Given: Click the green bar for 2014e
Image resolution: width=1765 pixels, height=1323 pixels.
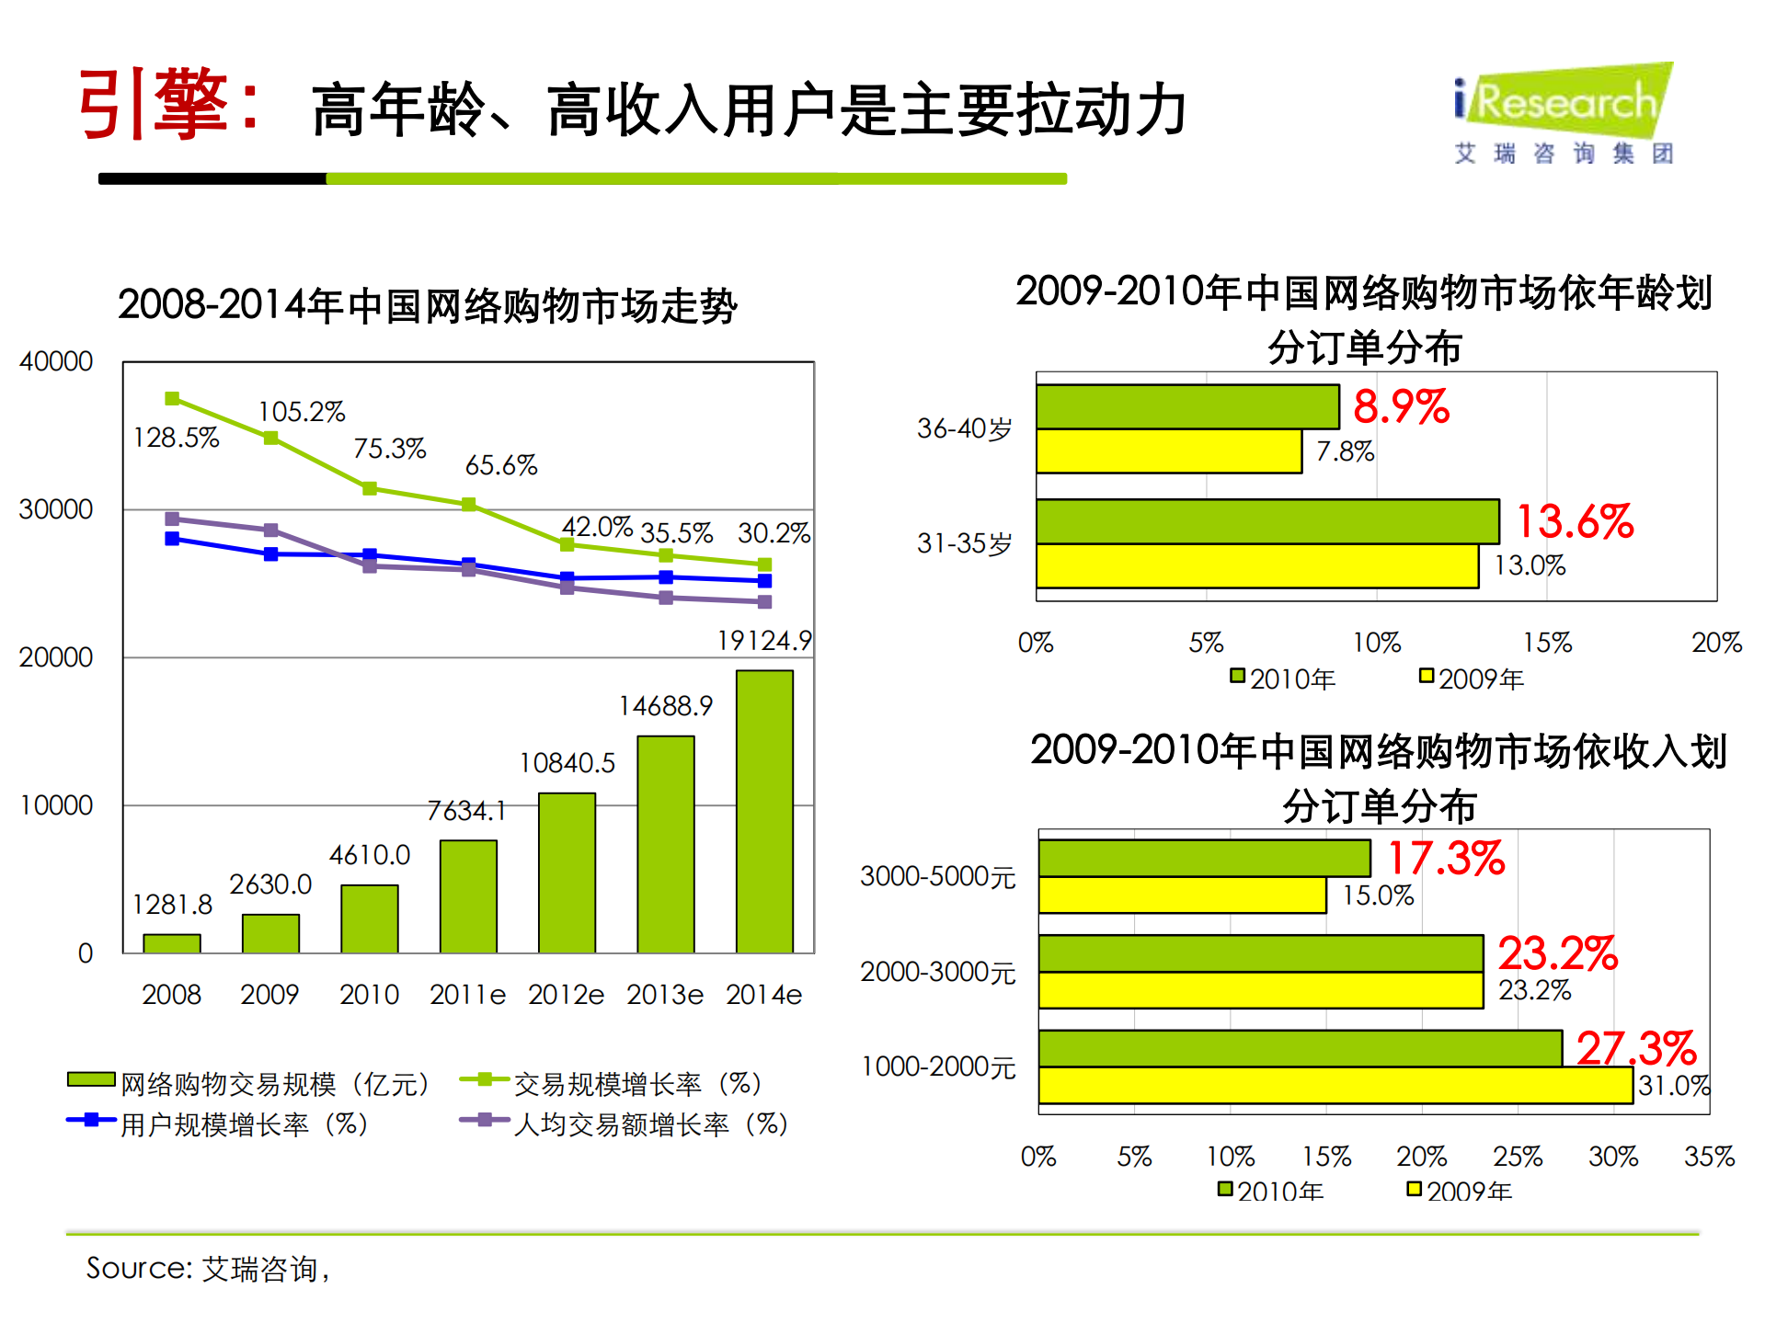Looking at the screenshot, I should (x=763, y=811).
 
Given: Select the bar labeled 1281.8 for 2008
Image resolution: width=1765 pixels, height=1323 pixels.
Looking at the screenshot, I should (x=172, y=942).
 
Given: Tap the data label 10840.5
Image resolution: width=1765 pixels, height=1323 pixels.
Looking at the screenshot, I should (x=567, y=763).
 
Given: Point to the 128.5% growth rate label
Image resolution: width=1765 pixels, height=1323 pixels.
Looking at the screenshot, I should (x=176, y=438).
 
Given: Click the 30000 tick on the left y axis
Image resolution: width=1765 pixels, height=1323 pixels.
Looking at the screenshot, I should (x=56, y=509).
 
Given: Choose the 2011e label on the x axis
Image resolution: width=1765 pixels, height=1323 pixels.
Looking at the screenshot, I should (x=467, y=995).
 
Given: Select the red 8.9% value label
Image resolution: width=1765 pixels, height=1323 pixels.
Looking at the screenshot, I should (x=1400, y=406).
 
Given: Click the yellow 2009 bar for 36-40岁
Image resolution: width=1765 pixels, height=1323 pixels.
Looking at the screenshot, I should (x=1168, y=451).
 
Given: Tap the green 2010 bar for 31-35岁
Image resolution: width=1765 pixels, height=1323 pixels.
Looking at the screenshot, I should (x=1266, y=521).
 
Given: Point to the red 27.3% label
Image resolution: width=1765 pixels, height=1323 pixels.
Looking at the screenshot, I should (x=1635, y=1047).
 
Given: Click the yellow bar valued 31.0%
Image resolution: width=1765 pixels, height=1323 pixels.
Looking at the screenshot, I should (x=1335, y=1086).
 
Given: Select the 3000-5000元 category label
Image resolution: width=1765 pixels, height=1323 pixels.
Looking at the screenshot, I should (x=937, y=876).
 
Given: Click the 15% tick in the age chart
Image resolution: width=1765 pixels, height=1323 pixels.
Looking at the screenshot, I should (x=1547, y=643).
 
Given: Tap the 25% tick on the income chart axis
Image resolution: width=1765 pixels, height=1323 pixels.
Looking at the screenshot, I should (x=1518, y=1157).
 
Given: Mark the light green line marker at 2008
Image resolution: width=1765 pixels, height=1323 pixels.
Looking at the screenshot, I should (x=172, y=398).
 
